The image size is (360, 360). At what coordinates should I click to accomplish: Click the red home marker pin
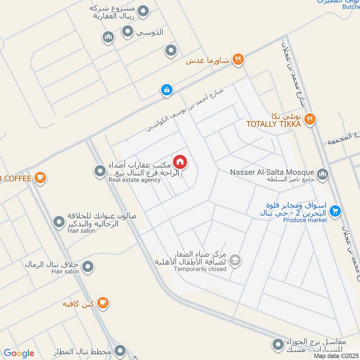[x=180, y=162]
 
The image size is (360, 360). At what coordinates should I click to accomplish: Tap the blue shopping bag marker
[x=166, y=90]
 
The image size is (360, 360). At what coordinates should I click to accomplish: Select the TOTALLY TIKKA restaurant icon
[x=310, y=119]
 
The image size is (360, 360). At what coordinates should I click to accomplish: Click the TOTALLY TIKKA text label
[x=273, y=124]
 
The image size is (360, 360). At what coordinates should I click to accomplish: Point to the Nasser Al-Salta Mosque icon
[x=322, y=173]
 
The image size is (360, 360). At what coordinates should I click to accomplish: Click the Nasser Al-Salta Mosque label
[x=272, y=172]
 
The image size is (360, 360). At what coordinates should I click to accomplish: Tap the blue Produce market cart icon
[x=335, y=210]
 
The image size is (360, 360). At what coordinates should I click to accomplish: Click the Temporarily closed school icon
[x=234, y=260]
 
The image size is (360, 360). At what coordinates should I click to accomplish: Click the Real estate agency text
[x=134, y=180]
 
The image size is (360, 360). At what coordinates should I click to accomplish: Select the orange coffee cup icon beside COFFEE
[x=40, y=178]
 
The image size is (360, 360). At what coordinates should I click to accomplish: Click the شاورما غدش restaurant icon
[x=238, y=60]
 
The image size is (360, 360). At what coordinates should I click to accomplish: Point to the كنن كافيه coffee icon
[x=103, y=303]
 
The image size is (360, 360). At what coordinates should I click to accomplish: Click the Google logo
[x=19, y=353]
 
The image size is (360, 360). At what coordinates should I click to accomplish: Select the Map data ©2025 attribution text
[x=336, y=356]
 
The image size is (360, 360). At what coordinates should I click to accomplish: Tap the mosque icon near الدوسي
[x=108, y=37]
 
